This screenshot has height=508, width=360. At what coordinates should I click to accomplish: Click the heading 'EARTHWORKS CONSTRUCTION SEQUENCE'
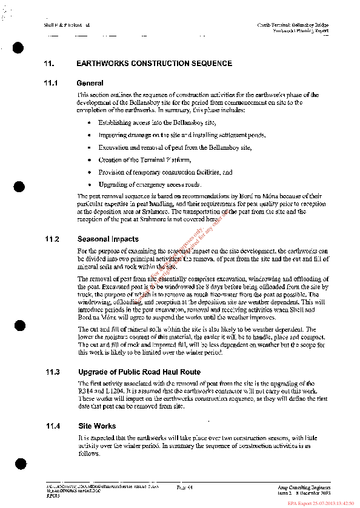coord(154,64)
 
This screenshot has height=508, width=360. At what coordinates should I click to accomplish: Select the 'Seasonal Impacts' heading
coord(108,239)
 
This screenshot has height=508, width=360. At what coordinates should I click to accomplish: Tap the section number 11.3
coord(52,372)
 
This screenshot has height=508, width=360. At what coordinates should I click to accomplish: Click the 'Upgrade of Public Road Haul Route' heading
coord(139,372)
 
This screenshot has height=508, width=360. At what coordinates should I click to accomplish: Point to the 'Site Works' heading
coord(97,426)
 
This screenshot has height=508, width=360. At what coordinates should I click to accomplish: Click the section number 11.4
coord(52,426)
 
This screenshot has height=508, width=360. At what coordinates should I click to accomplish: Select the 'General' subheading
coord(90,83)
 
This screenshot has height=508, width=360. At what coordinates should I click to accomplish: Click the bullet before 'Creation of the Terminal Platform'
coord(89,160)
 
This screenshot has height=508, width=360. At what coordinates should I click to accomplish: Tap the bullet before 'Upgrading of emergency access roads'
coord(89,184)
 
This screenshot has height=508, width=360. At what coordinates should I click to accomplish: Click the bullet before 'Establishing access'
coord(89,122)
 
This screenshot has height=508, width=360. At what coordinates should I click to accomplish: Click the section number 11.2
coord(52,239)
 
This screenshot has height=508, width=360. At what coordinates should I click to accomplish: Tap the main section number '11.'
coord(49,64)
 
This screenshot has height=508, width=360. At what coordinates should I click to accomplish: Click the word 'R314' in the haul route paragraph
coord(85,392)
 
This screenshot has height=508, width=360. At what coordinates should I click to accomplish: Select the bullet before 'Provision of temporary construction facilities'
coord(89,172)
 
